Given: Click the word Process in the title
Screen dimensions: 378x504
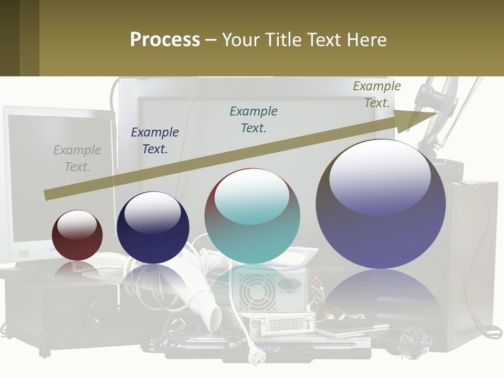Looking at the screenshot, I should click(165, 40).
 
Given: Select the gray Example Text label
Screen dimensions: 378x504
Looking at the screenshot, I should click(77, 159).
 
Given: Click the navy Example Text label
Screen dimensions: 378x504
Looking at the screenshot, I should click(155, 141).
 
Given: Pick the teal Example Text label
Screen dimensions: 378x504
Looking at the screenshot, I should click(254, 120).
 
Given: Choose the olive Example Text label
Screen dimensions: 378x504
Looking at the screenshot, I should click(377, 94).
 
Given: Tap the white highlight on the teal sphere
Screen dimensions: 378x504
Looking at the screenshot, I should click(252, 195).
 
